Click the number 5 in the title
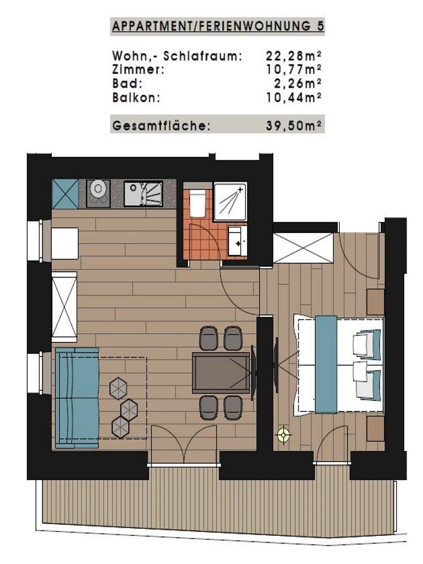tap(320, 26)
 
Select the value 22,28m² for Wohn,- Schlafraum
tap(294, 56)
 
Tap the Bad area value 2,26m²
tap(297, 83)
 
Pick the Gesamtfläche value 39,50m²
tap(294, 126)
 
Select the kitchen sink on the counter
tap(143, 193)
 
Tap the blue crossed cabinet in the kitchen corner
tap(65, 194)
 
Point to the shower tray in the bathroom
tap(230, 202)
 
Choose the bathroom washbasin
tap(237, 241)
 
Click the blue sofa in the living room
tap(77, 398)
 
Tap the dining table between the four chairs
tap(221, 373)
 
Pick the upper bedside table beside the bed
tap(375, 302)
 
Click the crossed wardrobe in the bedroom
tap(303, 248)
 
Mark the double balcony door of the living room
tap(184, 445)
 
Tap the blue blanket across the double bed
tap(326, 364)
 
